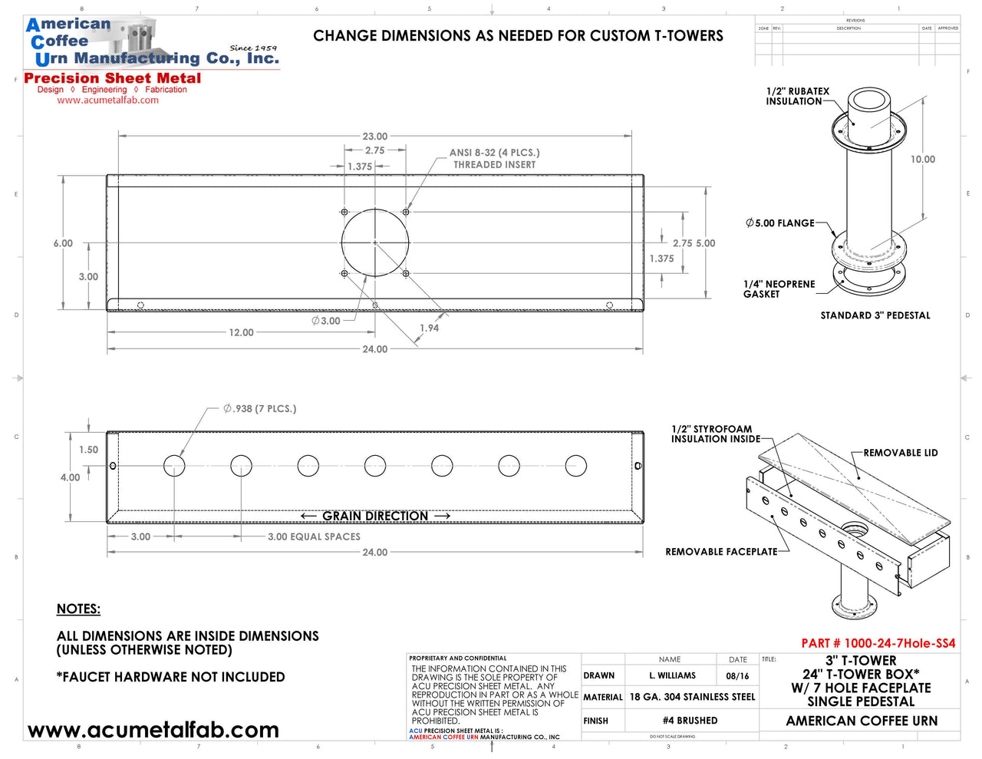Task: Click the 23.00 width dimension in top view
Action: (x=375, y=136)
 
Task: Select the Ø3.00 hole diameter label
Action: (x=326, y=321)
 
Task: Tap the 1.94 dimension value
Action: (x=429, y=328)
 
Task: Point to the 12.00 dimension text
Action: (x=241, y=332)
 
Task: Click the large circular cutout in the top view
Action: (x=375, y=243)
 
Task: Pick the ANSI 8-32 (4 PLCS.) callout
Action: (x=494, y=153)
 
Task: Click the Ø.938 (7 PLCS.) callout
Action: (x=259, y=408)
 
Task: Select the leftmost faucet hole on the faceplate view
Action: (x=174, y=466)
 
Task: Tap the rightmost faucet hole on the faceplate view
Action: (x=575, y=466)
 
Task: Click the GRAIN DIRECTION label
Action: (x=375, y=516)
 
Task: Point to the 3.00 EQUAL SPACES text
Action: (x=314, y=536)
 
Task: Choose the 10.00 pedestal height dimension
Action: (x=923, y=160)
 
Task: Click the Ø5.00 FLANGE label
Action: (x=779, y=223)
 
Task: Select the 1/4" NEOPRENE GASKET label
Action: (x=779, y=289)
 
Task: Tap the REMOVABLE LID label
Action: (x=901, y=453)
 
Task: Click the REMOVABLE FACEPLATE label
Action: (x=721, y=552)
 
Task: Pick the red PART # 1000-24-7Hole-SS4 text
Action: (x=878, y=643)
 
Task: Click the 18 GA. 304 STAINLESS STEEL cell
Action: (x=692, y=697)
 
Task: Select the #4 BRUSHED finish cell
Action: (x=690, y=721)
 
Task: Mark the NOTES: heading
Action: (x=78, y=609)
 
